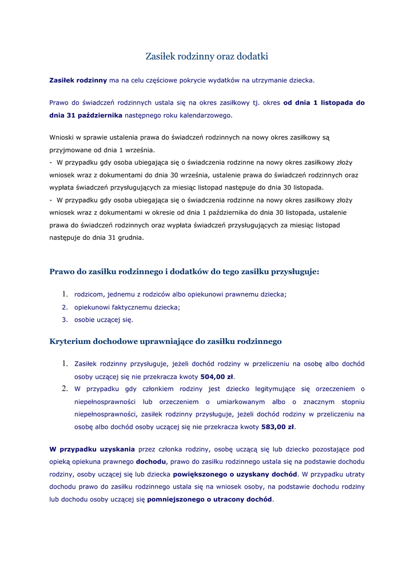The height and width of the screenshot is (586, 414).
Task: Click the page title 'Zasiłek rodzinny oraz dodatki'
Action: click(206, 56)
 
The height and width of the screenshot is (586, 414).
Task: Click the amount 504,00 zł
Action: click(217, 377)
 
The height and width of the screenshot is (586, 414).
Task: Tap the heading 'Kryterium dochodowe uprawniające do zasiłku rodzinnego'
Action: click(166, 342)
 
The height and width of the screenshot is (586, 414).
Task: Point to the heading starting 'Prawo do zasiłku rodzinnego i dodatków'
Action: click(184, 272)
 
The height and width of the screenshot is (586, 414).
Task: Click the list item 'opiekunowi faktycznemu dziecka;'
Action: click(127, 307)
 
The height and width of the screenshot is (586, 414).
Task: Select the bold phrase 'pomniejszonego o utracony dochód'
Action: click(209, 499)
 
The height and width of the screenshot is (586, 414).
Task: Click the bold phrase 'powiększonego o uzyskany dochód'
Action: click(235, 474)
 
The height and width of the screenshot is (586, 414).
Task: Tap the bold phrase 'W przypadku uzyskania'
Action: click(92, 449)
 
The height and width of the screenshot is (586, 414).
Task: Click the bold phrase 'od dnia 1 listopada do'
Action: click(324, 102)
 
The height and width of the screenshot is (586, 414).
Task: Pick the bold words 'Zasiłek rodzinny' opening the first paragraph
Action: click(78, 81)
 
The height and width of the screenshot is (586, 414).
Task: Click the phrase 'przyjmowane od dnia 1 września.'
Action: click(102, 150)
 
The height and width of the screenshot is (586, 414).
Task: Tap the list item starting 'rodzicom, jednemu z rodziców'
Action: click(180, 294)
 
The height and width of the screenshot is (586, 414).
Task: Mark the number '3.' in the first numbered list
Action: click(65, 320)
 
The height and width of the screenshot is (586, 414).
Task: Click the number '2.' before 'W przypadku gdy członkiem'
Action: click(65, 389)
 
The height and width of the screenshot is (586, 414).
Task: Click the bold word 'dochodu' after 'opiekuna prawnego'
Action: click(151, 461)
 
